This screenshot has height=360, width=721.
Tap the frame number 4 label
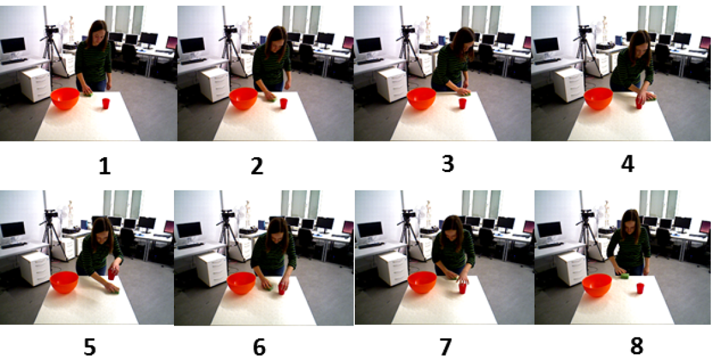tap(627, 165)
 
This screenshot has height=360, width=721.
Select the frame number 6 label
tap(259, 348)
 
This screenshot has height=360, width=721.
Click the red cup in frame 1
tap(106, 104)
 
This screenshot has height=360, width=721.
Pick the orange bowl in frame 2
tap(243, 99)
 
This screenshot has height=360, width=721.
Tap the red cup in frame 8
tap(639, 288)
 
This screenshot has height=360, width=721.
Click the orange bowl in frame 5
tap(64, 282)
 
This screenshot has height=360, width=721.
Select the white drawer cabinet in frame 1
tap(35, 85)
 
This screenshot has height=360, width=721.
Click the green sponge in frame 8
tap(624, 276)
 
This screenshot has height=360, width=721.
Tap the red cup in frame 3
tap(462, 104)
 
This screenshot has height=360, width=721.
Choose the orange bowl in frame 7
tap(422, 282)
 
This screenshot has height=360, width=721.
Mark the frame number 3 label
tap(447, 164)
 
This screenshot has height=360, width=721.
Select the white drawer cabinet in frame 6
tap(212, 270)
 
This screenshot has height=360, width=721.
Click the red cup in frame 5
tap(111, 275)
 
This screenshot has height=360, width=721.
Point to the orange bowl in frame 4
tap(599, 99)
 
